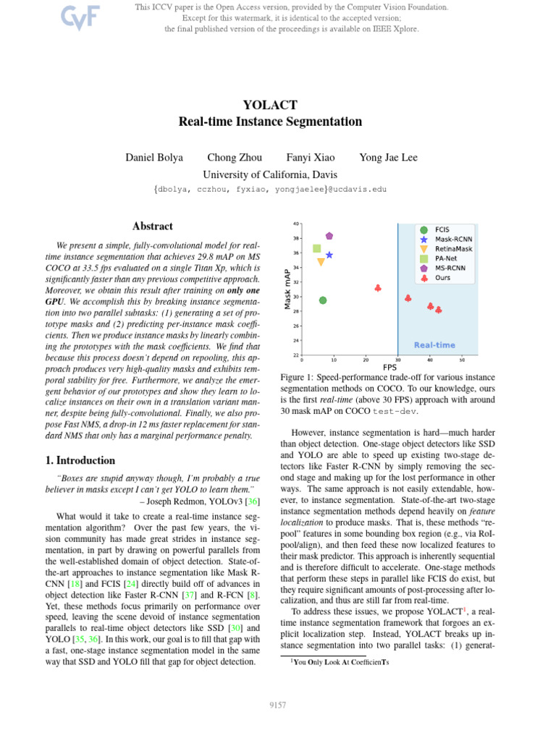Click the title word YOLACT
pos(270,105)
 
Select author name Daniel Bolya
pos(154,158)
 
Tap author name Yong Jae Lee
pos(388,158)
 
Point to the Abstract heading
pos(152,226)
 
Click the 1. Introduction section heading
pos(76,460)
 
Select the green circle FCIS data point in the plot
pos(323,300)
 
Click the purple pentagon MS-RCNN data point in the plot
pos(329,236)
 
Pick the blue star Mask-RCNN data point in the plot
pos(329,255)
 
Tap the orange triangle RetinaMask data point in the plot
pos(321,263)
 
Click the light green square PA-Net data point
pos(316,249)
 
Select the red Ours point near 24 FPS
pos(378,288)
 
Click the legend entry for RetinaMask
pos(452,248)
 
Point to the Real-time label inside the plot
pos(434,345)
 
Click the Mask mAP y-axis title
pos(287,289)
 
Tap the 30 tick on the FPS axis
pos(397,360)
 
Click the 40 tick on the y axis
pos(296,224)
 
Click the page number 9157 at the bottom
pos(278,704)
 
